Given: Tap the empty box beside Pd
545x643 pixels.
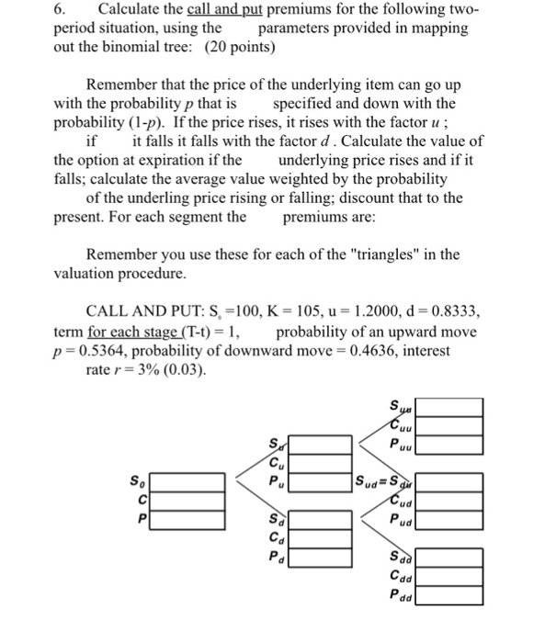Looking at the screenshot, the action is click(x=322, y=556).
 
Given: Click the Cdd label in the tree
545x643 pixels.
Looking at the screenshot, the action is click(x=400, y=577).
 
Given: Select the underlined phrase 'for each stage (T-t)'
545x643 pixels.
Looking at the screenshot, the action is click(x=153, y=333).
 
